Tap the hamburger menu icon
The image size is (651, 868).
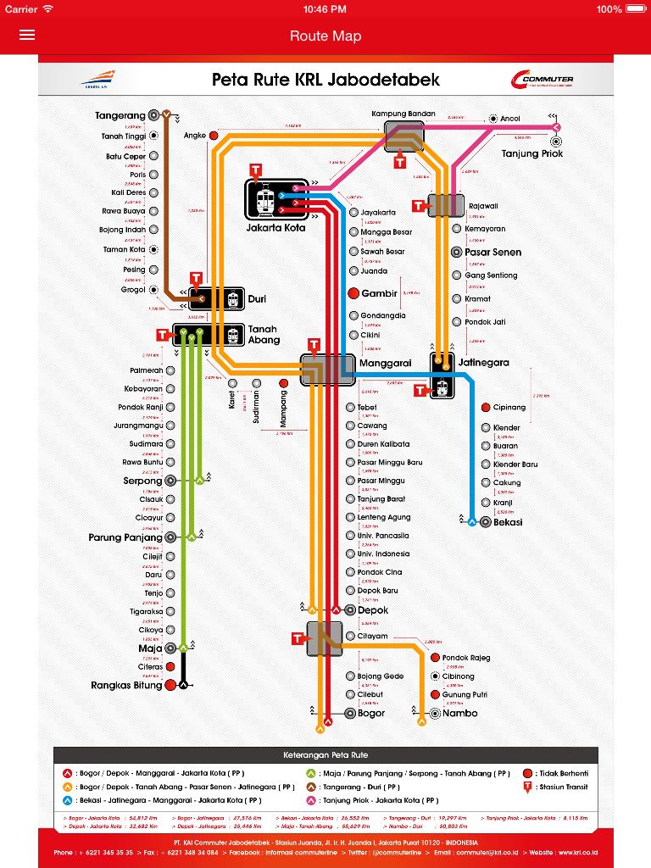coord(27,35)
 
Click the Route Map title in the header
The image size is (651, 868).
coord(325,36)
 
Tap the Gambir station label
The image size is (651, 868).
coord(379,293)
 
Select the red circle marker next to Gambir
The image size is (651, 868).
coord(354,293)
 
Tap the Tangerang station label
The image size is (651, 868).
coord(120,115)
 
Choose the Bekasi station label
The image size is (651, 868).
coord(508,522)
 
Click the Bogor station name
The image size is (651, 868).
coord(371,713)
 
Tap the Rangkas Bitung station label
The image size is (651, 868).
coord(126,685)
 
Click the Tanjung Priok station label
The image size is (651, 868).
coord(531,153)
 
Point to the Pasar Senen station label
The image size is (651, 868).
coord(492,252)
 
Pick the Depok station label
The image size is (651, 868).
coord(373,610)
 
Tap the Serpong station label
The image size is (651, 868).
coord(142,481)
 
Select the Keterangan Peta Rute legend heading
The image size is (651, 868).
coord(325,754)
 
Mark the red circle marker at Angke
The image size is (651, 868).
coord(214,136)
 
